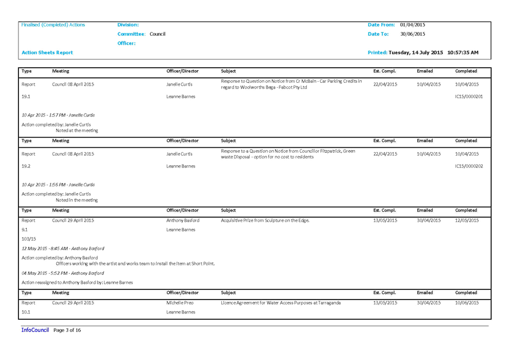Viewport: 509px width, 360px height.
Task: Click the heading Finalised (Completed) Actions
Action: click(x=53, y=25)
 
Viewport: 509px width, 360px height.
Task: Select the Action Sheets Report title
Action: click(x=47, y=53)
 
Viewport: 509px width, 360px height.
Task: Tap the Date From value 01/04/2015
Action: click(x=412, y=25)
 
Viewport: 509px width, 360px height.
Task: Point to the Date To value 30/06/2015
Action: click(x=412, y=34)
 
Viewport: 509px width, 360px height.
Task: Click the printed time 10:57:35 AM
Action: click(x=463, y=53)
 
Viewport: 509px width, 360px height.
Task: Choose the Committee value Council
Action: click(x=157, y=34)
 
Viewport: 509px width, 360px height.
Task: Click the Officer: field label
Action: click(x=127, y=43)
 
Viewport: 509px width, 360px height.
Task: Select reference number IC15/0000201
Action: click(x=469, y=96)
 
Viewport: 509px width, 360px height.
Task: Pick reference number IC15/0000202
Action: click(x=469, y=166)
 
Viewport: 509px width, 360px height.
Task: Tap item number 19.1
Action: click(x=26, y=96)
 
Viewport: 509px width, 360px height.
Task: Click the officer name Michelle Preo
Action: click(x=180, y=303)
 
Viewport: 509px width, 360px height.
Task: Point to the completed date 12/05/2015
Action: click(x=467, y=221)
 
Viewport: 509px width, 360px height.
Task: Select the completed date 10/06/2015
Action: click(x=467, y=303)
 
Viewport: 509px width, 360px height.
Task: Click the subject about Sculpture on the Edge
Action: click(x=265, y=221)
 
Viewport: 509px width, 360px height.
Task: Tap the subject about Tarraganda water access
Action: click(x=281, y=303)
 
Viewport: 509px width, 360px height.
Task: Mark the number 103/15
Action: click(x=29, y=239)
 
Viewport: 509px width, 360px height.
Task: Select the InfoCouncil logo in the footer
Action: click(x=35, y=330)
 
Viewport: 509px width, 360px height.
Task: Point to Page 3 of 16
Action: click(x=67, y=330)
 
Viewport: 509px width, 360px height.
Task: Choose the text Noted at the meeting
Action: click(x=77, y=130)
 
